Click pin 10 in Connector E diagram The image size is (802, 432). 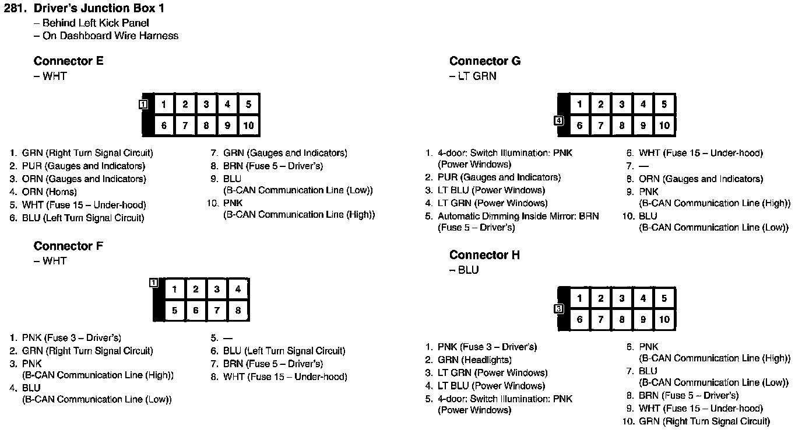tap(248, 126)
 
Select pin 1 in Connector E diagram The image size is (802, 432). tap(164, 104)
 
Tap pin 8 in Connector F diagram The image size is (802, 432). tap(238, 311)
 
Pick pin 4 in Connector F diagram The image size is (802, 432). tap(238, 289)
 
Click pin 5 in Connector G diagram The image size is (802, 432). tap(664, 104)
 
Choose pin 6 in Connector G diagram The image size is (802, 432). tap(579, 126)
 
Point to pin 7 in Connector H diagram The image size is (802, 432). tap(600, 320)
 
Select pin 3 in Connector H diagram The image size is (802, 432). tap(622, 298)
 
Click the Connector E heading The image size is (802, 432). tap(69, 61)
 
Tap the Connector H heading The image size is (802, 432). tap(484, 255)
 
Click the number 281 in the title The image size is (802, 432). tap(15, 9)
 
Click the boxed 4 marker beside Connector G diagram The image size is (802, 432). tap(559, 121)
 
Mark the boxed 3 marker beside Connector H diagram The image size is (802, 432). tap(559, 309)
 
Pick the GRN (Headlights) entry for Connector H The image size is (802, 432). tap(474, 360)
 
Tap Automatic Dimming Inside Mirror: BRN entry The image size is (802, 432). tap(518, 216)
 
